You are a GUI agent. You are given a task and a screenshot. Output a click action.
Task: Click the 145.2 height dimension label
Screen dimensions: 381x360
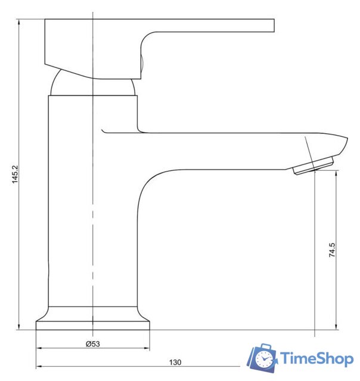(x=16, y=173)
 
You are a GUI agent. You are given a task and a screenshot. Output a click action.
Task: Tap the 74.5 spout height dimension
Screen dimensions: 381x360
(x=332, y=249)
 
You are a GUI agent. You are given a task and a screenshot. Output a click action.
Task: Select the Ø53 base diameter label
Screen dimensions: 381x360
(x=92, y=344)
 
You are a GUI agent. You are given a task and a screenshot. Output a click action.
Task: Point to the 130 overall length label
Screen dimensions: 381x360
(x=175, y=362)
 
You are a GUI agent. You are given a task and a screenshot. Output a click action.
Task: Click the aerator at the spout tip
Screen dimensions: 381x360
(x=314, y=165)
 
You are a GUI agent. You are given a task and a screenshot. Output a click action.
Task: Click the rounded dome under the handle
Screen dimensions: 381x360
(x=92, y=83)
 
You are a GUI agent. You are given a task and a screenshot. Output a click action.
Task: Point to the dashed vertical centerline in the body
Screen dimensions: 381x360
(x=92, y=238)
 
